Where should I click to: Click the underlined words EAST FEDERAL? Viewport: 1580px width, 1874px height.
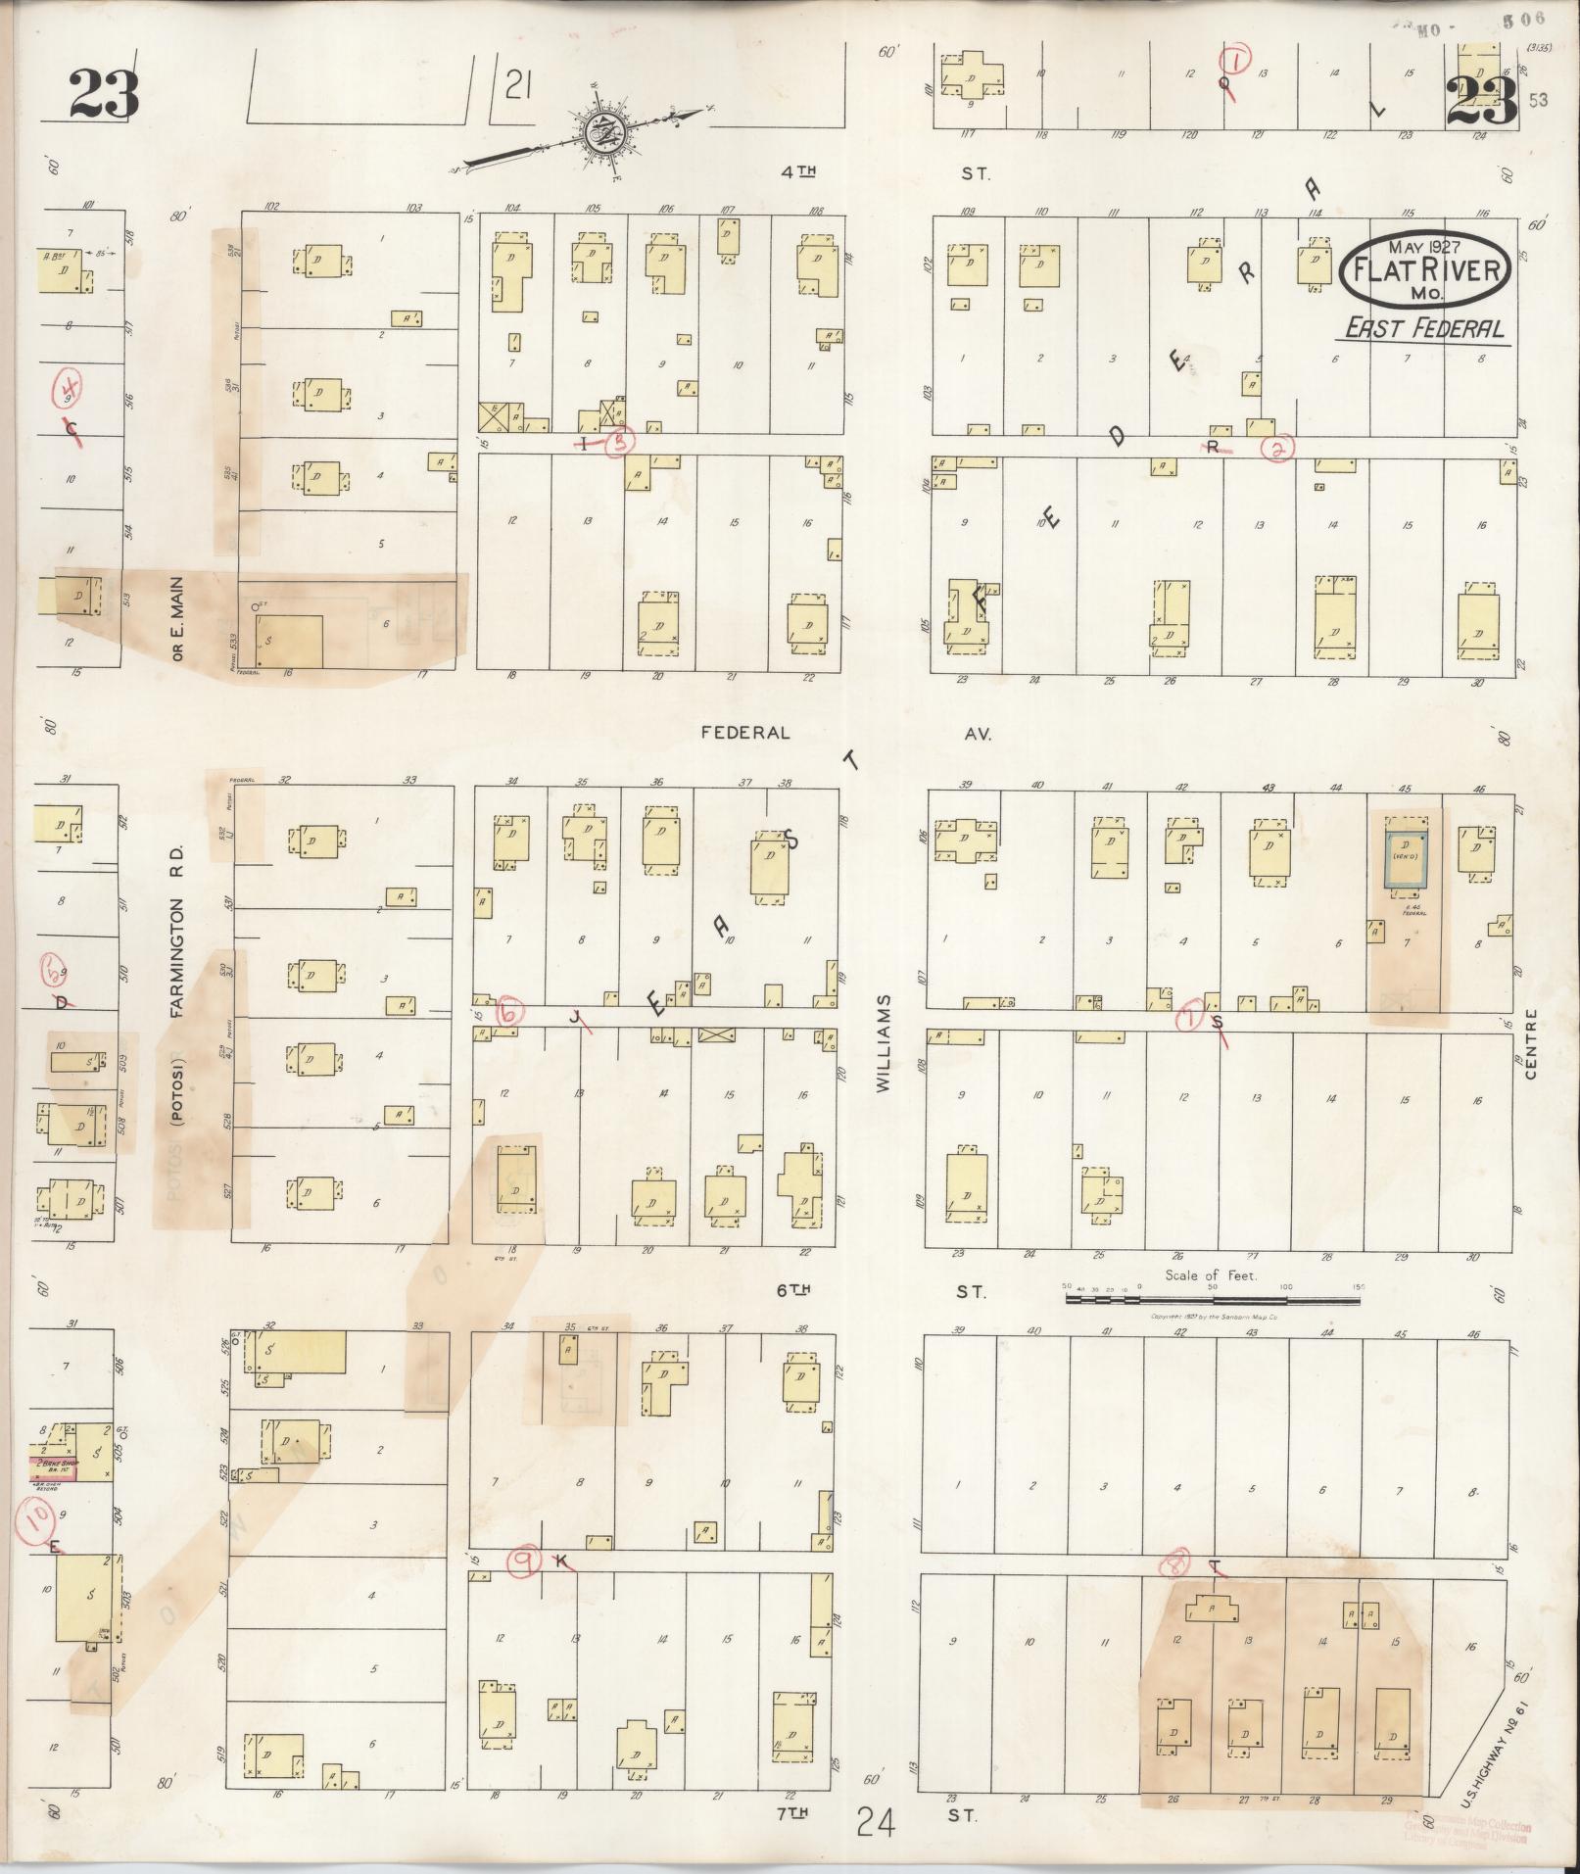(1423, 328)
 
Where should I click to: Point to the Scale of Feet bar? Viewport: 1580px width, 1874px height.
(1212, 1300)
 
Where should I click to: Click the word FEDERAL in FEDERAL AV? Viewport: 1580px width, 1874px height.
(745, 733)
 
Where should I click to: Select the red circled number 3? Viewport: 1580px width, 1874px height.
(619, 444)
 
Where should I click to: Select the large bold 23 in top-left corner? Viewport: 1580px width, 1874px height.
(104, 94)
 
